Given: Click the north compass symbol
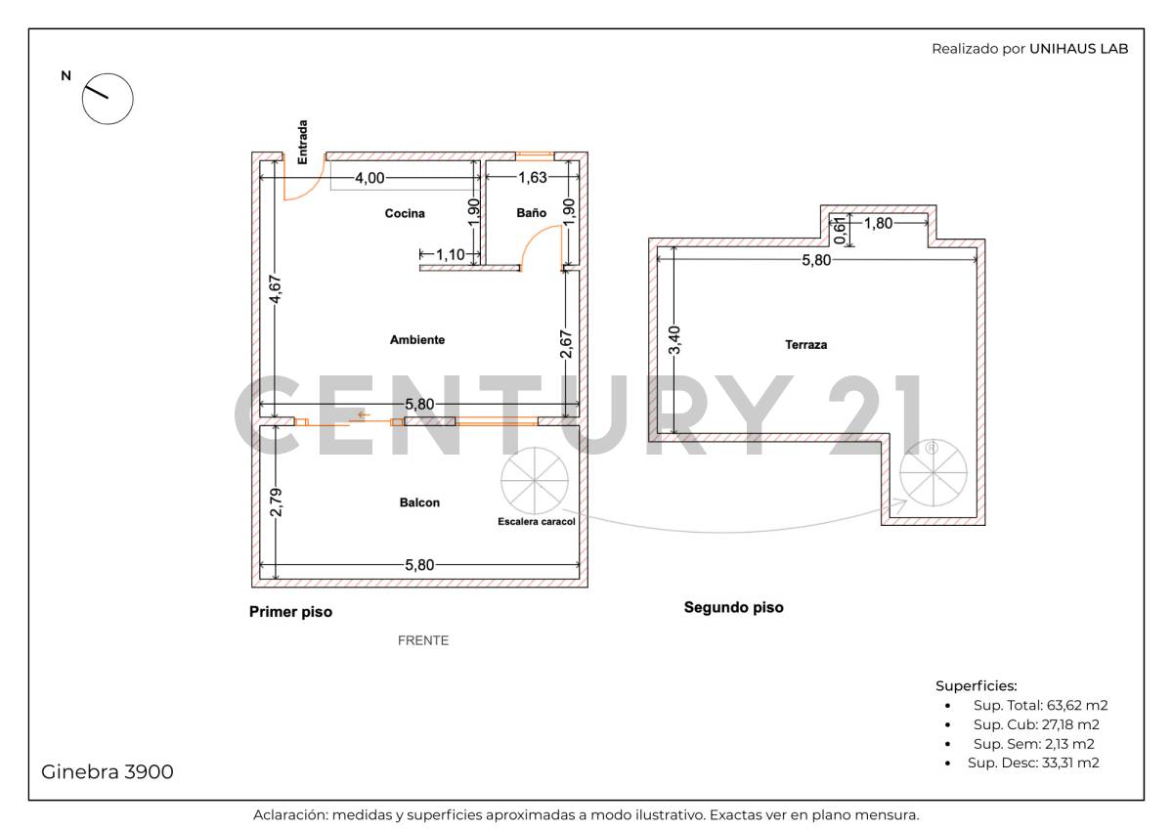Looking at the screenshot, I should [x=107, y=98].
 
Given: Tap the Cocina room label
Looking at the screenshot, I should [x=405, y=214].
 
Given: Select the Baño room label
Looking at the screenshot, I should [x=531, y=213].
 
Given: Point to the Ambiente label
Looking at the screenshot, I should [x=417, y=340].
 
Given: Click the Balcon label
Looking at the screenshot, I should [x=419, y=502].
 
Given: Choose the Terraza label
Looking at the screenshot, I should [x=805, y=345].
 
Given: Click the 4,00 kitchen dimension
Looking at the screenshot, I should [x=369, y=178].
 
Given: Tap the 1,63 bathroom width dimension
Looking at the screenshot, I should [x=532, y=178].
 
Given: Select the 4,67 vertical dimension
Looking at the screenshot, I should [x=277, y=290].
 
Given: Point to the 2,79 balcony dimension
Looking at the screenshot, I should [x=277, y=502].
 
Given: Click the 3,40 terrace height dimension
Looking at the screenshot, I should [x=673, y=339].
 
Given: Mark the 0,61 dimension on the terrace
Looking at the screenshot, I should [x=838, y=230].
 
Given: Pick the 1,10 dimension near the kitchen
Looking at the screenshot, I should [x=451, y=254].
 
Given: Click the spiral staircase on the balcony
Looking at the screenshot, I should [x=534, y=479].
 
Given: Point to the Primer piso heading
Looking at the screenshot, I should [x=290, y=612].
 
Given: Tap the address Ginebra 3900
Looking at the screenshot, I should [x=108, y=771].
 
